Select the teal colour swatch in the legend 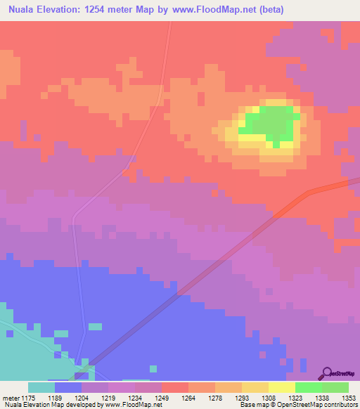(x=41, y=387)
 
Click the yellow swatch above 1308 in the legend (x=255, y=387)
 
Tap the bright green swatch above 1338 (x=309, y=387)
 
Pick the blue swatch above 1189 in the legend (x=68, y=387)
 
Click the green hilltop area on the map (x=271, y=123)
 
